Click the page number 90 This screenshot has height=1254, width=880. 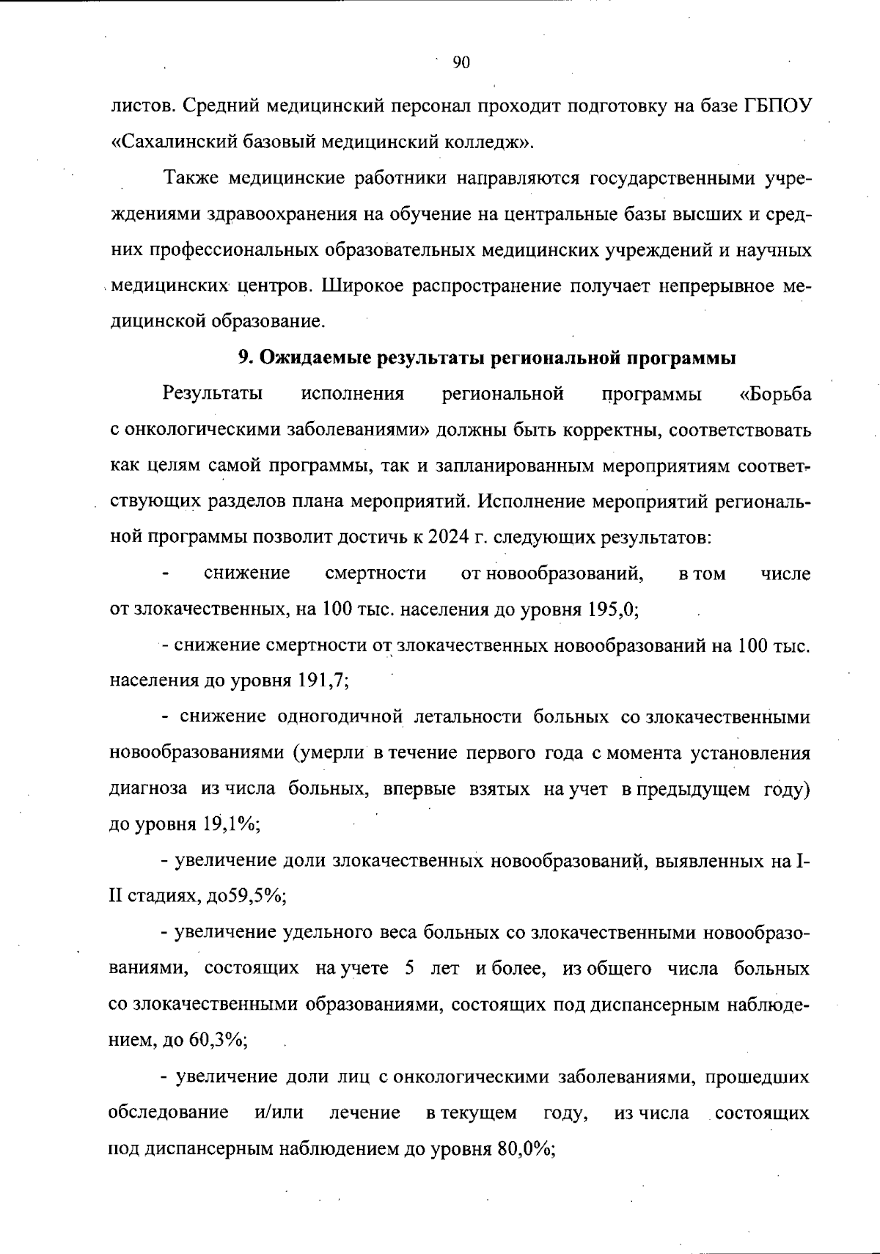[461, 62]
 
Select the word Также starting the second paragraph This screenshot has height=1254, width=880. [191, 178]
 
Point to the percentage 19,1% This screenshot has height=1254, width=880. [232, 824]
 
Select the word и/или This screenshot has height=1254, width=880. [279, 1112]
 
